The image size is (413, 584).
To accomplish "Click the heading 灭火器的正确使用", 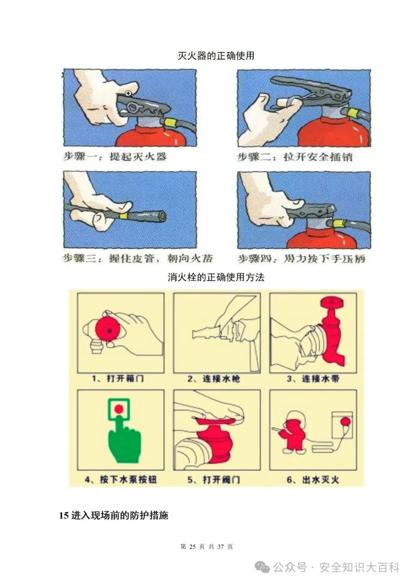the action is [x=216, y=55].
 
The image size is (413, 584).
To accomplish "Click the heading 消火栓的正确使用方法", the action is [x=216, y=277].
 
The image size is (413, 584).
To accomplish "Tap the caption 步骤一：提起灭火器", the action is [x=115, y=157].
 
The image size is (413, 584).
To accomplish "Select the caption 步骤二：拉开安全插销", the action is [x=295, y=157].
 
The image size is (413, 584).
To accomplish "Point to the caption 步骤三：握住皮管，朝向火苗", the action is [x=137, y=259].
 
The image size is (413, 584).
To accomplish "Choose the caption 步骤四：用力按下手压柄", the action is [x=301, y=259].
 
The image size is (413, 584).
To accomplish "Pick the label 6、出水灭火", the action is [x=313, y=480].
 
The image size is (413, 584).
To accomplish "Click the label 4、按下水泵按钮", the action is [x=121, y=480].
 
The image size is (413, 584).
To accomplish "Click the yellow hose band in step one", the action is [x=169, y=123].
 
